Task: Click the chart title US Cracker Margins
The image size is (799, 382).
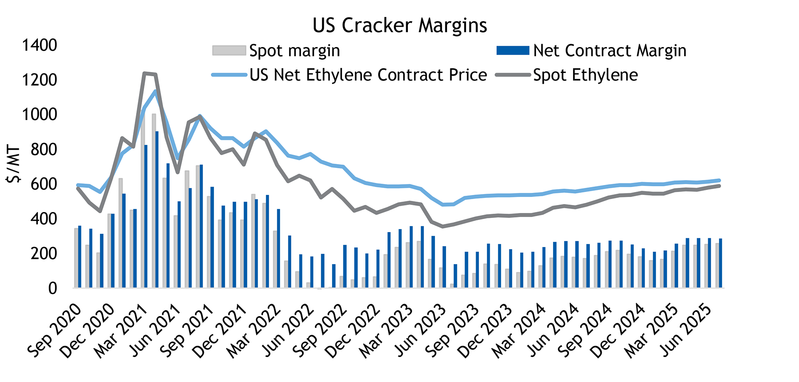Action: [399, 25]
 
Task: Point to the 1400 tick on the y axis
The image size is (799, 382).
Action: [40, 45]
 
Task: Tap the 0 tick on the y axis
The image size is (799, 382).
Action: [52, 288]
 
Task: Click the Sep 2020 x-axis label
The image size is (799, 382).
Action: [54, 331]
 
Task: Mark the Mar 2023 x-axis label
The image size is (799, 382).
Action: [386, 331]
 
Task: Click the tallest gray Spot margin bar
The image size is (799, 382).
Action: [154, 200]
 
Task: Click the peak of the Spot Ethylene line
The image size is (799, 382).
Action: [144, 73]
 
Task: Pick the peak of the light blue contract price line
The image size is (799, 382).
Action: [155, 91]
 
